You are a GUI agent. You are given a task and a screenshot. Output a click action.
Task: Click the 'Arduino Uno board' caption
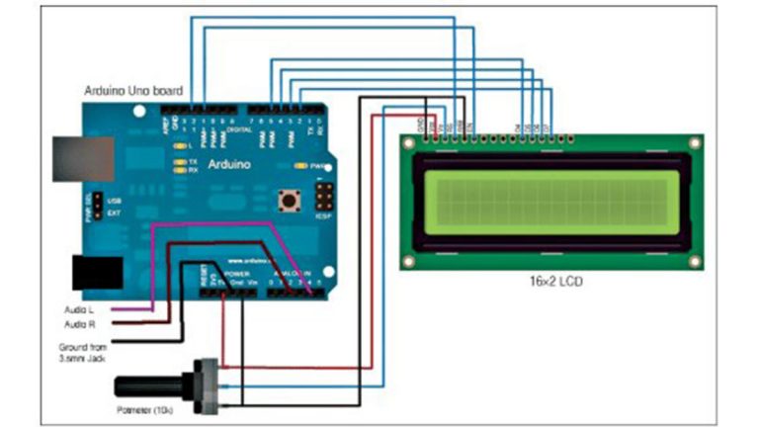(x=132, y=90)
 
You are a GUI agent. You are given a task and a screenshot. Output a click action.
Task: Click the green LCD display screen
(x=552, y=204)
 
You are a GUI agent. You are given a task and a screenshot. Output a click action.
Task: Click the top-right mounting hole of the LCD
(x=695, y=144)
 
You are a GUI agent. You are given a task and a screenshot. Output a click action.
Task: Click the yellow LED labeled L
(x=179, y=145)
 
